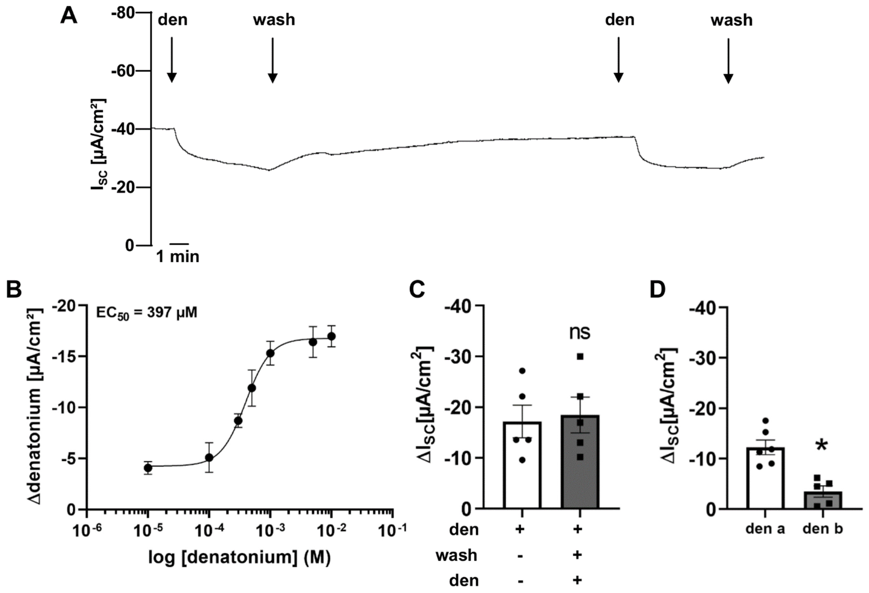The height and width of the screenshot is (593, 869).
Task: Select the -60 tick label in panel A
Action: [123, 71]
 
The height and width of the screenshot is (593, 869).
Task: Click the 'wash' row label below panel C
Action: [456, 556]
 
